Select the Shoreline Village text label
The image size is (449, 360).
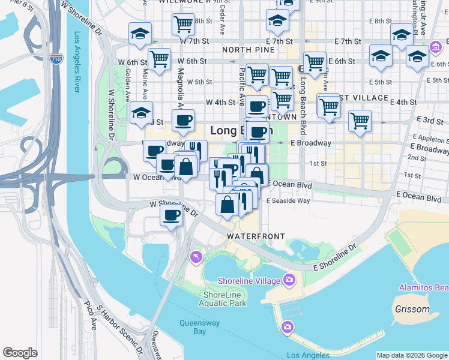point(249,281)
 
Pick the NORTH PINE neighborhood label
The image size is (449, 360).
point(244,50)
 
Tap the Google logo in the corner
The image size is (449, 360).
point(20,353)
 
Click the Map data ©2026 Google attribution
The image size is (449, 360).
point(412,355)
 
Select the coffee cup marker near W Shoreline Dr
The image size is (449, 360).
point(171,215)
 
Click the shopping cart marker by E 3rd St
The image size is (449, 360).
point(360,121)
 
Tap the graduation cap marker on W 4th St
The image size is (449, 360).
point(141,112)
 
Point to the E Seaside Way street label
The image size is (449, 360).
point(288,201)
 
